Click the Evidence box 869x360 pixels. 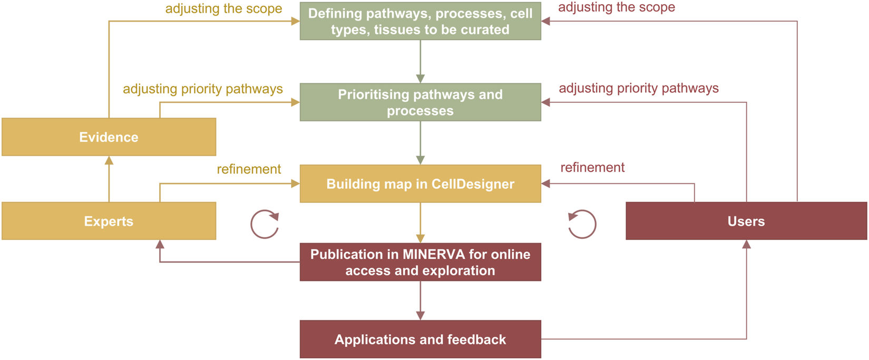(109, 137)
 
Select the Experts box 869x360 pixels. (109, 221)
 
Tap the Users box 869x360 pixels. (746, 221)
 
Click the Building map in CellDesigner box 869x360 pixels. (420, 184)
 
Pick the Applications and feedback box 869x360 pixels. (420, 339)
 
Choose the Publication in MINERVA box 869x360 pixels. (420, 262)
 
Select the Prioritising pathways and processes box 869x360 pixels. (420, 102)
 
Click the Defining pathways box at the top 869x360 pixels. (420, 21)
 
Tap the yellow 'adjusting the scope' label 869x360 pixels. (223, 9)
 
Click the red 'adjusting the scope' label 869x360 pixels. (617, 7)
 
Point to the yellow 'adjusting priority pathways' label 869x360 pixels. (203, 89)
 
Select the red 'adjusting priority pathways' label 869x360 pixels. (639, 88)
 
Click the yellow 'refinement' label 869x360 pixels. (249, 169)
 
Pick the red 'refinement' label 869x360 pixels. (592, 168)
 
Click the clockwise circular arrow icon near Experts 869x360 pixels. (265, 225)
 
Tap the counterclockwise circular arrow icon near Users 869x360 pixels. (582, 225)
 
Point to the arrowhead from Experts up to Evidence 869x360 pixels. (109, 160)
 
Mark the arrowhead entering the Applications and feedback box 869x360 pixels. (420, 316)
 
